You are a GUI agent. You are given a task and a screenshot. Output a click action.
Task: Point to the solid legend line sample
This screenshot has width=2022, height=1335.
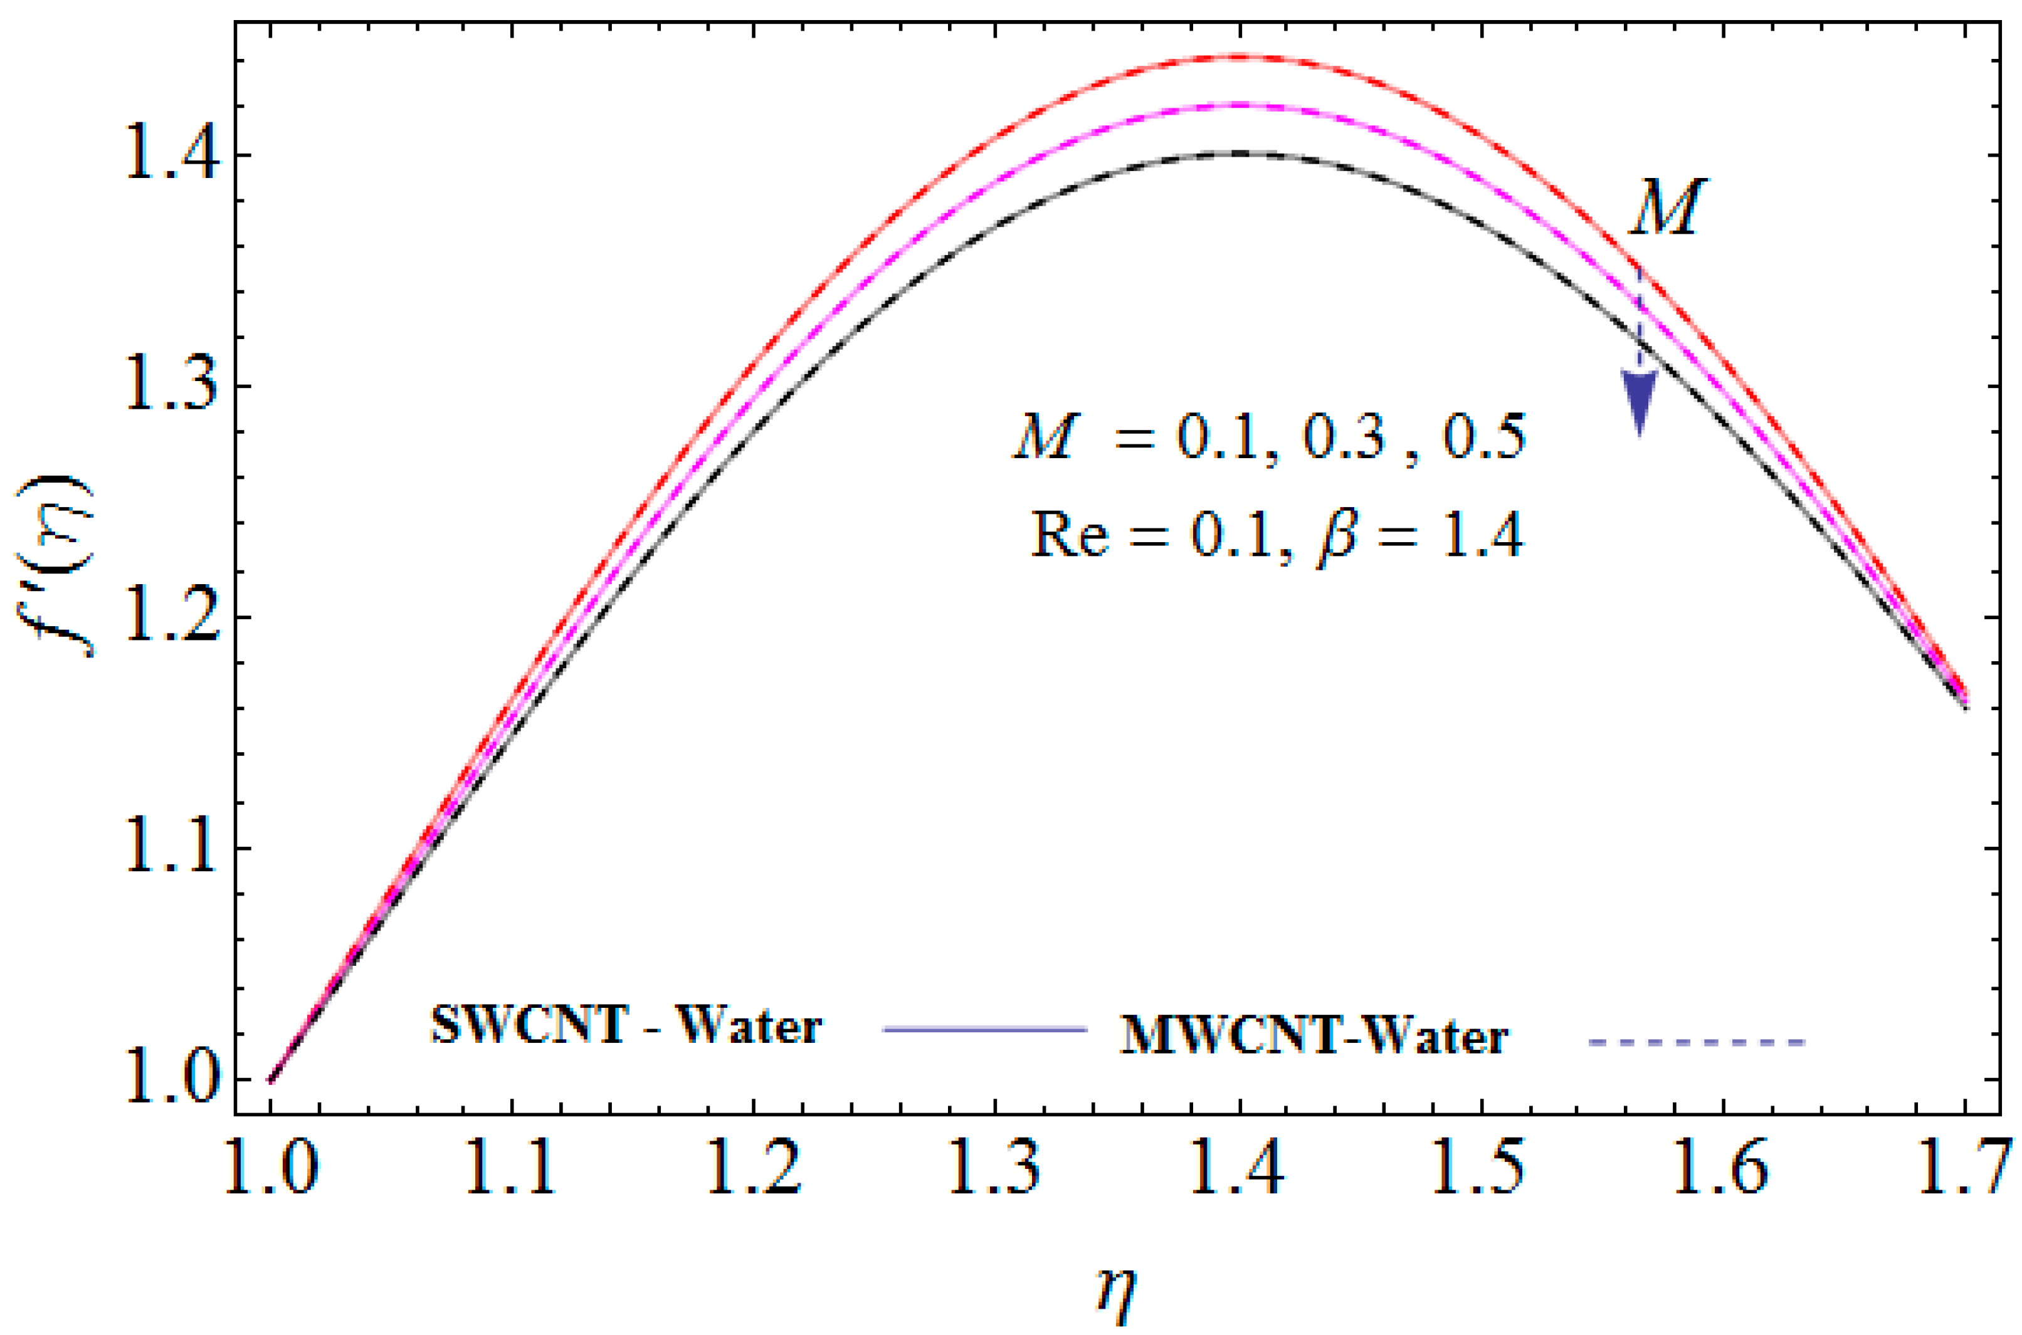[986, 1030]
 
